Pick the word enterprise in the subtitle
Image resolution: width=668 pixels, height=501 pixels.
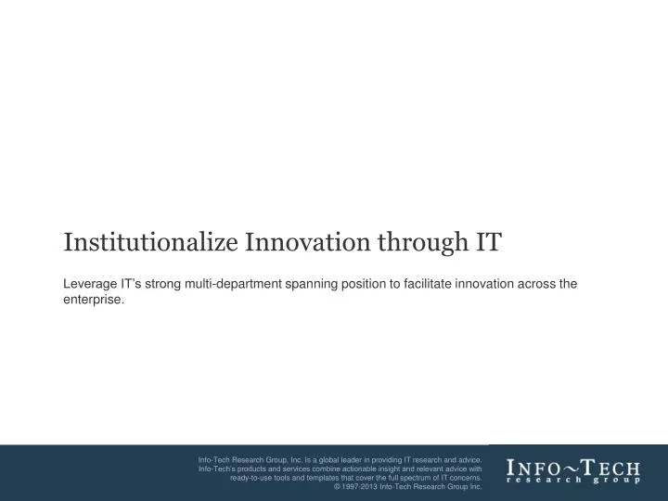92,301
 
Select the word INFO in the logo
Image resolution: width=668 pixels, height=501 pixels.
531,467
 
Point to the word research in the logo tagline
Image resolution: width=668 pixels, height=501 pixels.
544,481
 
